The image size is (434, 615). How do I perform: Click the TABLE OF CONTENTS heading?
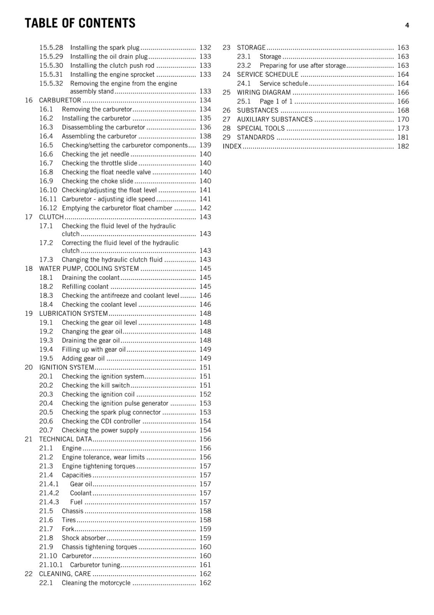(80, 23)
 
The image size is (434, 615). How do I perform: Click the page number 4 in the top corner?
(407, 25)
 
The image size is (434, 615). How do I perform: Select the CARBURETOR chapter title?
(60, 100)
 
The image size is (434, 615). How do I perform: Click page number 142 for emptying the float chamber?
(205, 208)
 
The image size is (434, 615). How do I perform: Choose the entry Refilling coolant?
(85, 287)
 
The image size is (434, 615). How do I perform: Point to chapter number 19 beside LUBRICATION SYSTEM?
(29, 314)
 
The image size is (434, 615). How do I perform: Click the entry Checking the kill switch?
(96, 386)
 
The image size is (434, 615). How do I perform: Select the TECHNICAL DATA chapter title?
(65, 439)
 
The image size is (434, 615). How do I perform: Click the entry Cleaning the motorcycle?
(96, 583)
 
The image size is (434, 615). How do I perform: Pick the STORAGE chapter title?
(251, 48)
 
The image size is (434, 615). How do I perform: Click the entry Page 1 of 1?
(276, 101)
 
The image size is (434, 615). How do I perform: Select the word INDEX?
(232, 146)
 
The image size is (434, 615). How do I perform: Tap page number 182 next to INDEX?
(403, 146)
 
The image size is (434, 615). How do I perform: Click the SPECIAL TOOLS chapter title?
(260, 128)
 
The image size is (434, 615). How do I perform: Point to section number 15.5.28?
(51, 48)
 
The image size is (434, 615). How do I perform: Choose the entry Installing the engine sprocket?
(112, 75)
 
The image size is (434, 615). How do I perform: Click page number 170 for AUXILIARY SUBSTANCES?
(403, 120)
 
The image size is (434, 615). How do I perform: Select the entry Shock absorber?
(83, 538)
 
